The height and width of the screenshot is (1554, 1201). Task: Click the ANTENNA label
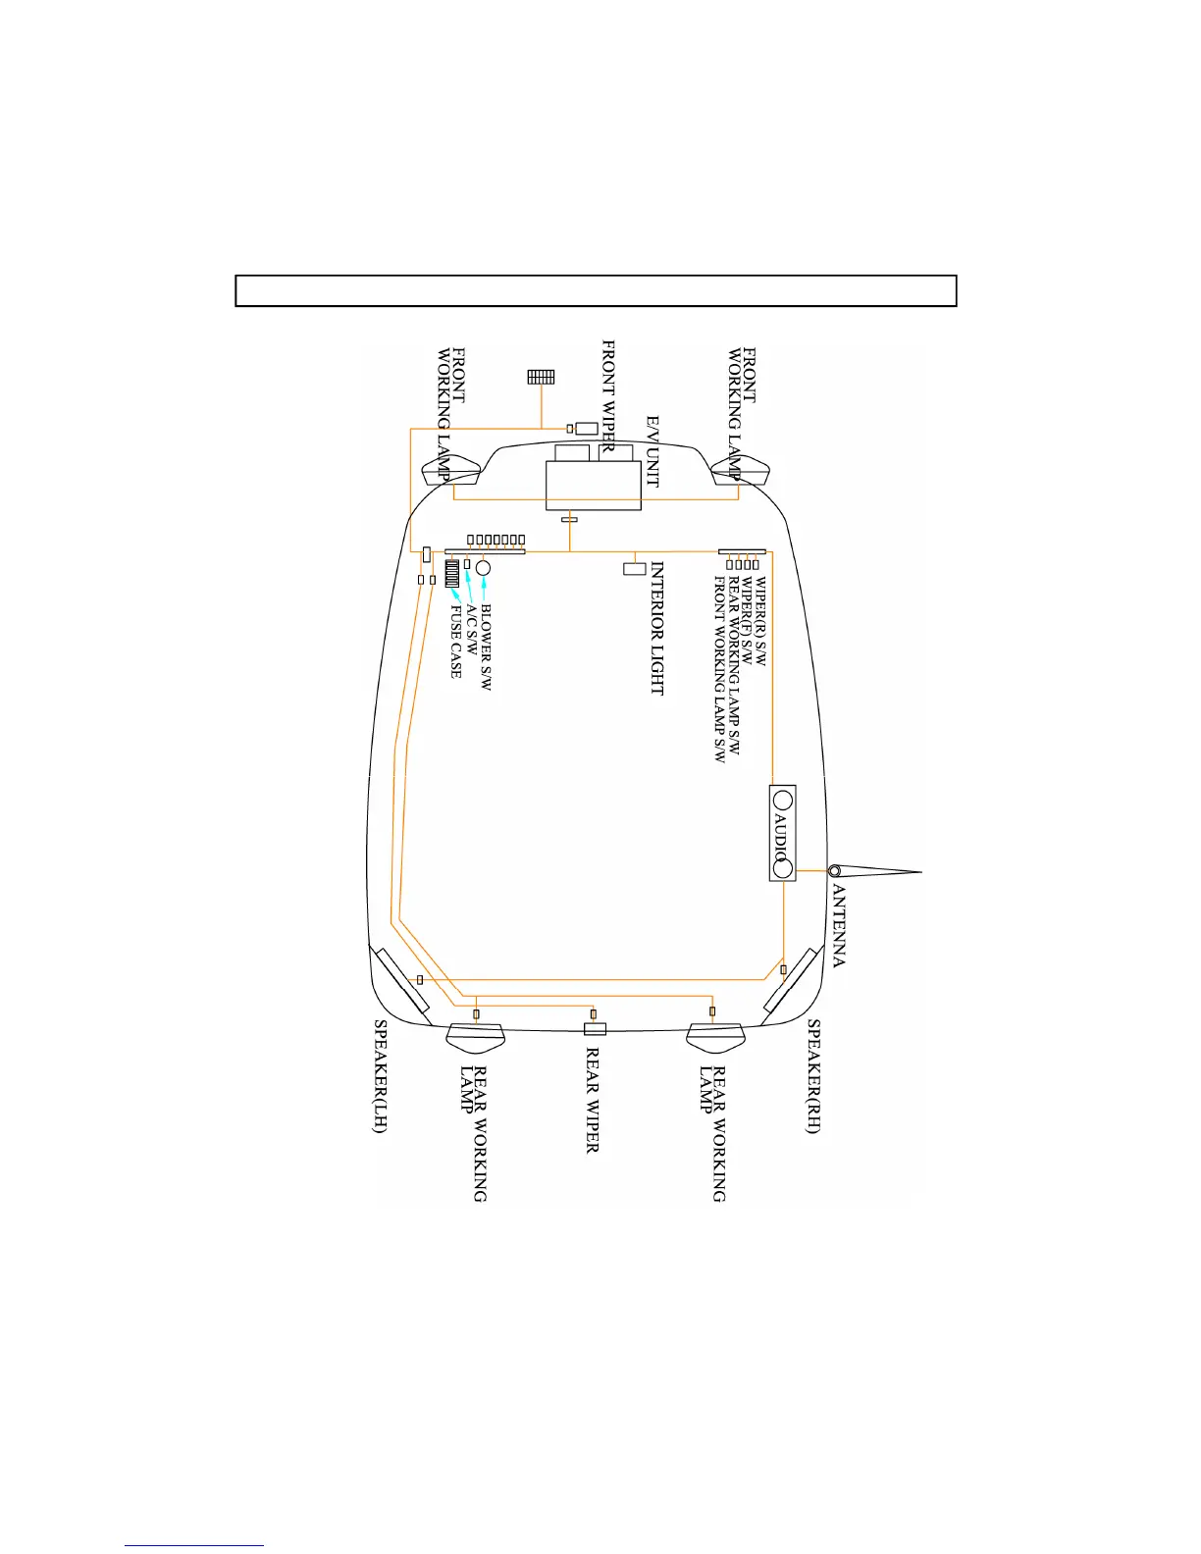[x=839, y=926]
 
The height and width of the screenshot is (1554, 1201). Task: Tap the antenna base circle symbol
[x=834, y=871]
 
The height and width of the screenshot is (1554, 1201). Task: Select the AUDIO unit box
[x=782, y=833]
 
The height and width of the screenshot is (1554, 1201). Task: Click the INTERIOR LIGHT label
[x=657, y=629]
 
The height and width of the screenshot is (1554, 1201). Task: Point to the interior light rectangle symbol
[x=635, y=568]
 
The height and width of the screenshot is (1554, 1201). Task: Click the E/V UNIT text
[x=653, y=452]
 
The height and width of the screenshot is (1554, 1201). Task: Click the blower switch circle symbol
[x=483, y=568]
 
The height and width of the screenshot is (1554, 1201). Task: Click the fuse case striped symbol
[x=452, y=574]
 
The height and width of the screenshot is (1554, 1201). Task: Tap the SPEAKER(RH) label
[x=813, y=1076]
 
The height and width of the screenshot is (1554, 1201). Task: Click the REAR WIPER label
[x=593, y=1100]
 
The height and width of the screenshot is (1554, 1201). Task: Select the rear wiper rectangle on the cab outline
[x=595, y=1028]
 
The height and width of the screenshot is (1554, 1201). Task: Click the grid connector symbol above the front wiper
[x=541, y=377]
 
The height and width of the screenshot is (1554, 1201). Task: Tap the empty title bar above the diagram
[x=596, y=291]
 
